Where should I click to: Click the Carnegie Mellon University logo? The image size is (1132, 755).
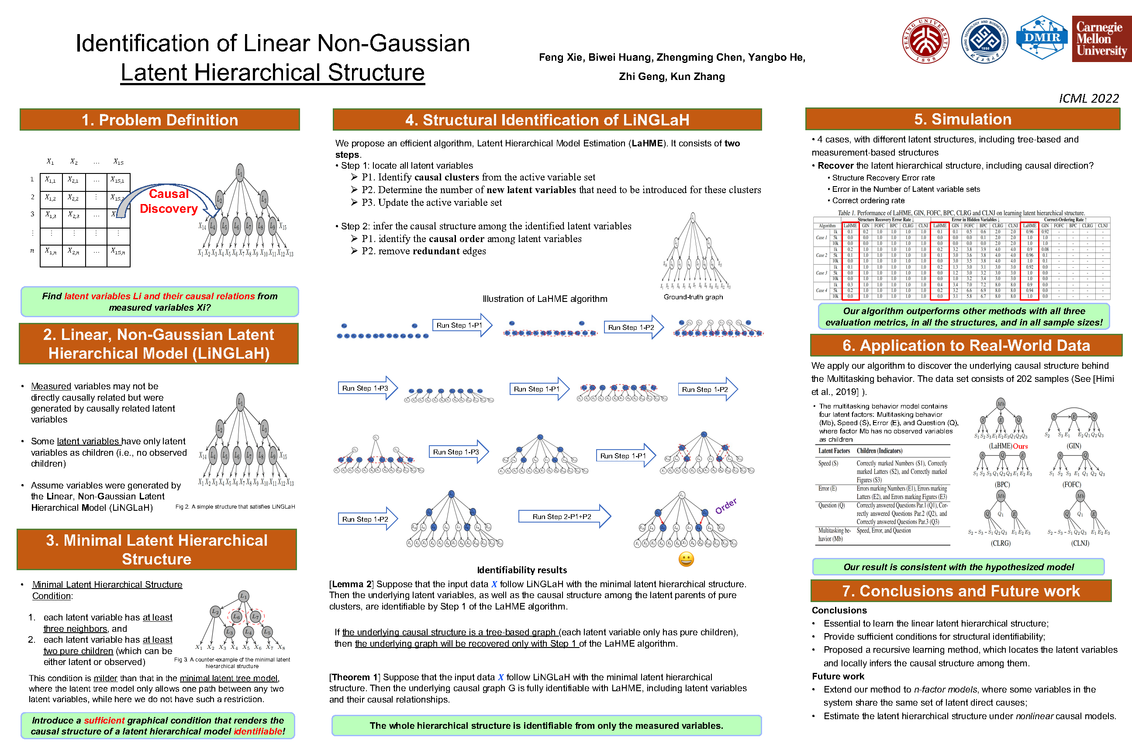(1101, 39)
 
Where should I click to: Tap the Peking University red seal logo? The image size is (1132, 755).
(925, 41)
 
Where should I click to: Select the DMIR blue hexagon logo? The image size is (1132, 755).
(1042, 38)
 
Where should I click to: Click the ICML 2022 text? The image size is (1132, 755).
(1088, 99)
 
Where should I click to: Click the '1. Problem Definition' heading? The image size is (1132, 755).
(160, 120)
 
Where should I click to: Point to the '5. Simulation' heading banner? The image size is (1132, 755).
(963, 119)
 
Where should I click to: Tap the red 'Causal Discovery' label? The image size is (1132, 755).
(169, 201)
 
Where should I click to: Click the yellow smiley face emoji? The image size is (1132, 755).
(686, 559)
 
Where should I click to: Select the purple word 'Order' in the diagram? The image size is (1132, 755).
(726, 506)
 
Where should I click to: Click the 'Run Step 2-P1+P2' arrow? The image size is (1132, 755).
(563, 516)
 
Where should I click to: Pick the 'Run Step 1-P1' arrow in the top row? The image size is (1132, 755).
(461, 326)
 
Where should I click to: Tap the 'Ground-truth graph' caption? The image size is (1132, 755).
(693, 297)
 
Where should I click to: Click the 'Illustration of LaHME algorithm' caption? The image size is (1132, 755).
(545, 299)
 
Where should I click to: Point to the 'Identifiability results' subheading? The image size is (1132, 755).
(522, 570)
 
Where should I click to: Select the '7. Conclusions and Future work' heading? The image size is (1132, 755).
(961, 591)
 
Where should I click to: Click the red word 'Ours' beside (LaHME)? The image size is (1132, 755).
(1020, 447)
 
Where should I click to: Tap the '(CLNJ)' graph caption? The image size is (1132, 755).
(1080, 543)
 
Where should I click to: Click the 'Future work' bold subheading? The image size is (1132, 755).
(838, 676)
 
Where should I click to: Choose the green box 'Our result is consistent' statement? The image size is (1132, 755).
(958, 567)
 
